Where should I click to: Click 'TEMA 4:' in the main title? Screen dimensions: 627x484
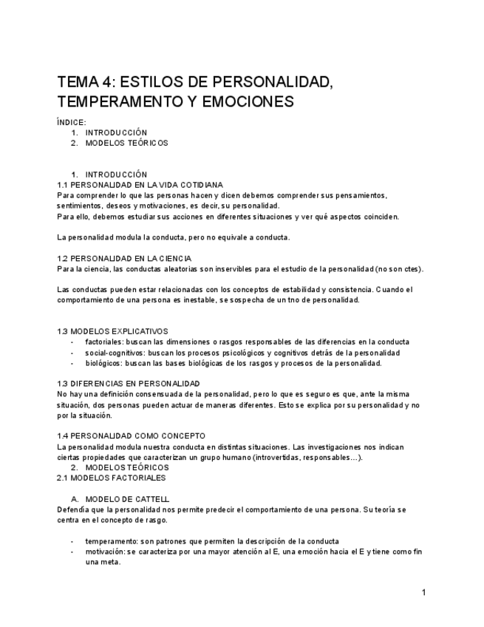(85, 81)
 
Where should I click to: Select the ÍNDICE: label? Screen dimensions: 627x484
(71, 122)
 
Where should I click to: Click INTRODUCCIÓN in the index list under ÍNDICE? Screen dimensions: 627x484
(116, 132)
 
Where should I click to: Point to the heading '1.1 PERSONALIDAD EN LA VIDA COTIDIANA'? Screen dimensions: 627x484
(140, 185)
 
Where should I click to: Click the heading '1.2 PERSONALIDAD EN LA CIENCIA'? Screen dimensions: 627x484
(124, 258)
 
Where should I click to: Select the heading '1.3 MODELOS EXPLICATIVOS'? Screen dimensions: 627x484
(112, 331)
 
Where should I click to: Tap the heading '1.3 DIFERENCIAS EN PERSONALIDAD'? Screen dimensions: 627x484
(129, 384)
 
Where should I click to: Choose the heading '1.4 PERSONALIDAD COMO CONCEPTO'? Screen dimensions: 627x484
(131, 436)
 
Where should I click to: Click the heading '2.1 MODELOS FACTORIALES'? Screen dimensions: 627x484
(111, 478)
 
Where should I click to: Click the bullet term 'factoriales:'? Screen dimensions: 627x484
(106, 342)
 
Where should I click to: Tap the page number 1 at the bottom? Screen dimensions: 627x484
(423, 592)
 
